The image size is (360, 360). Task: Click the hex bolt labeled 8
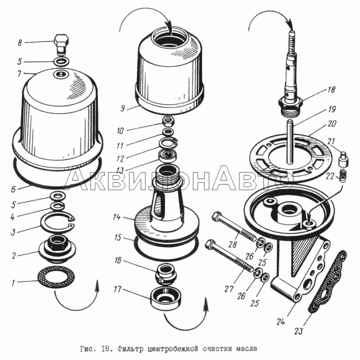click(x=62, y=45)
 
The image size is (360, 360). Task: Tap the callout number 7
click(x=19, y=73)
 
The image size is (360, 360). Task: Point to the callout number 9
click(x=123, y=108)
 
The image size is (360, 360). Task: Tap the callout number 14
click(x=117, y=217)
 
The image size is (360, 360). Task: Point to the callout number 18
click(x=331, y=90)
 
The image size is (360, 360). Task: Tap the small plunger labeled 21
click(x=344, y=159)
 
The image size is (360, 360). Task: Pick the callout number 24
click(x=280, y=322)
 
